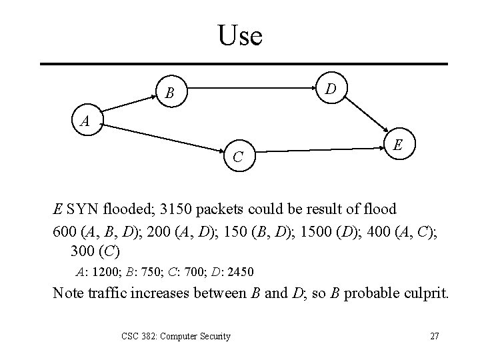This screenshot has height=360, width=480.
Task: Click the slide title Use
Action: [240, 35]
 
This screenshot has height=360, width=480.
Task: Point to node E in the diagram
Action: [397, 145]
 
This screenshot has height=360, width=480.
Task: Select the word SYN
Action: [82, 209]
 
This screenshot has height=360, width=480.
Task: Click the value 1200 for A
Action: [104, 272]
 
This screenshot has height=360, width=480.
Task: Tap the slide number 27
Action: [434, 336]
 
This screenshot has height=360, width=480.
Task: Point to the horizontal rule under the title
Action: [243, 63]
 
